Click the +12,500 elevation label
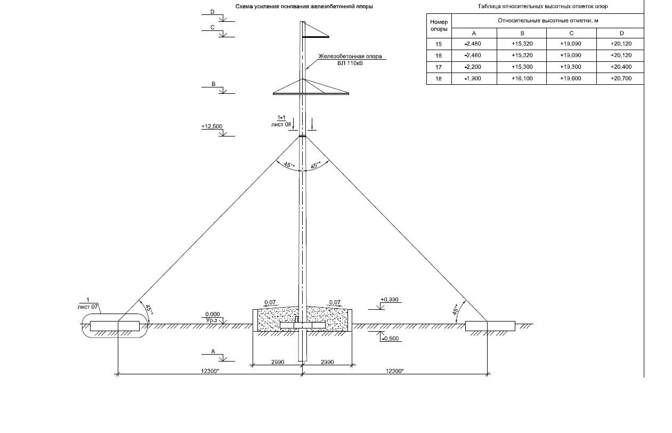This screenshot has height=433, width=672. click(212, 126)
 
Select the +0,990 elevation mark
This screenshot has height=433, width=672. click(390, 300)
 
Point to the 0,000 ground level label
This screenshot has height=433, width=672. click(213, 314)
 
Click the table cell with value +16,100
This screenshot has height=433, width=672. click(522, 79)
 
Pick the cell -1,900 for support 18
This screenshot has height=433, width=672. click(473, 79)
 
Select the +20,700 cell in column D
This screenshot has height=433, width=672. click(621, 79)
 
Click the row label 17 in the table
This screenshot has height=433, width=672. click(439, 67)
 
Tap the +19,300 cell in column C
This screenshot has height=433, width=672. click(571, 67)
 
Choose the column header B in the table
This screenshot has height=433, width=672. click(522, 33)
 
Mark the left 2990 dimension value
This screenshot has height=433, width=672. click(278, 362)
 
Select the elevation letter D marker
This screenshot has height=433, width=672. click(213, 11)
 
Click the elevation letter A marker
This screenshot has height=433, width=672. click(213, 351)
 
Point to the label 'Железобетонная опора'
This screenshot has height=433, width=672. click(350, 56)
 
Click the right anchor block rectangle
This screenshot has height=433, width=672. click(490, 326)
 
